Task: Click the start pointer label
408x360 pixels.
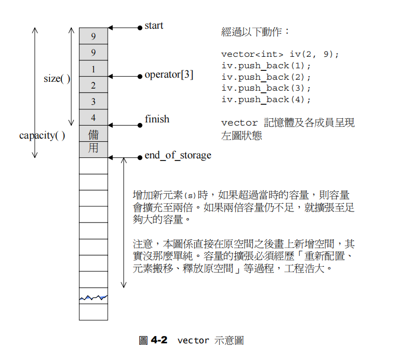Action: (154, 26)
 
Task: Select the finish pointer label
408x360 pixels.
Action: (157, 119)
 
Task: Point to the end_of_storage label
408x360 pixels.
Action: (177, 155)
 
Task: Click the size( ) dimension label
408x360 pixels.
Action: (57, 79)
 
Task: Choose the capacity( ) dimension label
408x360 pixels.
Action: (42, 135)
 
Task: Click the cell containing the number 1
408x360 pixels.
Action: (93, 69)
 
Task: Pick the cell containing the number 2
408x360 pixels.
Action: (93, 85)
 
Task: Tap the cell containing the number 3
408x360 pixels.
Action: (93, 102)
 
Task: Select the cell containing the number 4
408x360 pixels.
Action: (93, 118)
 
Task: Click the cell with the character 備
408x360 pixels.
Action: (93, 133)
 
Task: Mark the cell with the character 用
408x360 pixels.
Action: (93, 149)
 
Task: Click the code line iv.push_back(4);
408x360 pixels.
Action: (266, 100)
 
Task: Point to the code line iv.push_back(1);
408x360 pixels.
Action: (266, 66)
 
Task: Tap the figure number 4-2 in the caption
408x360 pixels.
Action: (159, 340)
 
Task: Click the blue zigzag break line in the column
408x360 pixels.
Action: (93, 298)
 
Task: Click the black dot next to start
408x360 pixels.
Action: (139, 27)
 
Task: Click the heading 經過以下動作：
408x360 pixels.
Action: (256, 32)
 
